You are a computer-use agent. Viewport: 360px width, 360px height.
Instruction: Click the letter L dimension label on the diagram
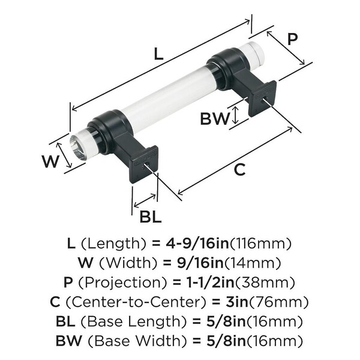coord(158,53)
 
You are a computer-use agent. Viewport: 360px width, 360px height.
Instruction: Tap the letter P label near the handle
coord(292,39)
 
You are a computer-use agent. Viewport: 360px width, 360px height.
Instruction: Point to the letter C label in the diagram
coord(239,170)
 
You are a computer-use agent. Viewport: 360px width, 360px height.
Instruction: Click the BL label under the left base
coord(150,216)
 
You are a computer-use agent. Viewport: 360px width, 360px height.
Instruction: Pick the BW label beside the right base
coord(214,118)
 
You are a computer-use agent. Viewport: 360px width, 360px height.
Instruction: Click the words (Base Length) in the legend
coord(124,320)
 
